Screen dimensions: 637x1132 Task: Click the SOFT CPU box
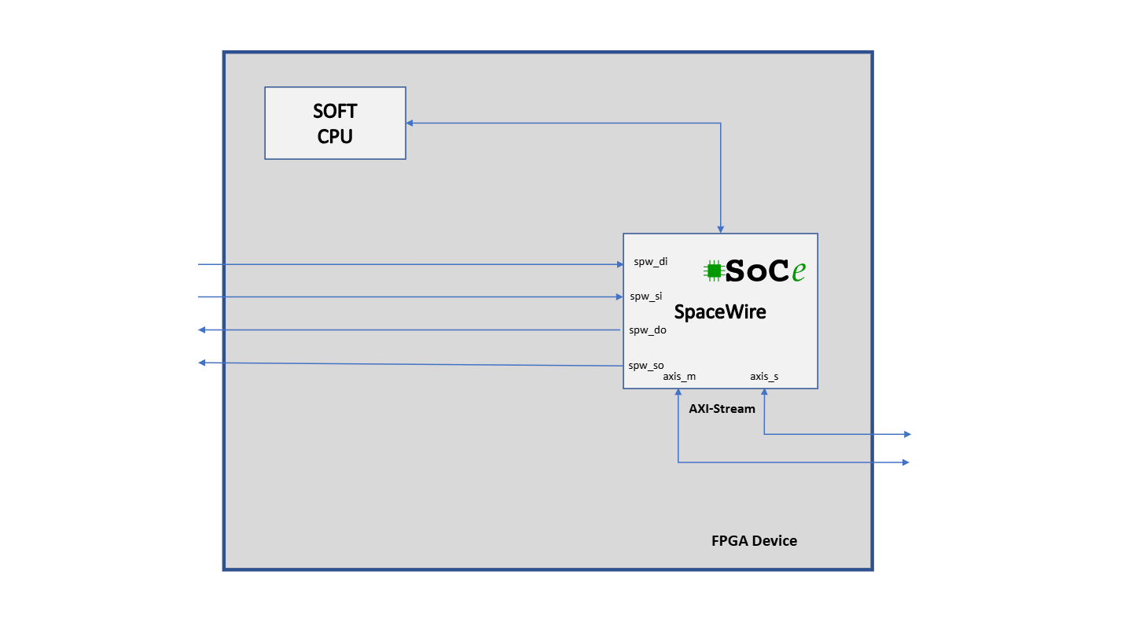tap(335, 123)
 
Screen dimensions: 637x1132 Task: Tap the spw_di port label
tap(651, 262)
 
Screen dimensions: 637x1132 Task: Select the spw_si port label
tap(646, 296)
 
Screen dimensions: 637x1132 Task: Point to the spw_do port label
tap(648, 330)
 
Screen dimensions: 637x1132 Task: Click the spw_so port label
tap(646, 365)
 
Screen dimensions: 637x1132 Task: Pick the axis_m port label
tap(679, 377)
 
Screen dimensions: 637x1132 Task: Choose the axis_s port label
tap(764, 377)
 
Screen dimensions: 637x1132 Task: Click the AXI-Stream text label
tap(722, 409)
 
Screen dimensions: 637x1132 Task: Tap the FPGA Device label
tap(754, 541)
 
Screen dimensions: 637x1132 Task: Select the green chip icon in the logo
tap(714, 271)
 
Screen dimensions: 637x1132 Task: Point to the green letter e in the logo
tap(799, 271)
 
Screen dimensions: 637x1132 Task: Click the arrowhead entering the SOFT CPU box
tap(410, 123)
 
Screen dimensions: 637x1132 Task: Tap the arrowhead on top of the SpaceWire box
tap(720, 229)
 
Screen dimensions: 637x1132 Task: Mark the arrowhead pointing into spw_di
tap(619, 264)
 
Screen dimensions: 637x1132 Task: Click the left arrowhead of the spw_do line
tap(202, 330)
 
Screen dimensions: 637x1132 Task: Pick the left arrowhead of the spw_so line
tap(202, 363)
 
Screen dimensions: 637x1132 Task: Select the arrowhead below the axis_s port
tap(764, 393)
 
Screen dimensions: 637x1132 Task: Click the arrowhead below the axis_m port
tap(678, 393)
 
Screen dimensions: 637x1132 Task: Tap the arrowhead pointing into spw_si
tap(619, 296)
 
